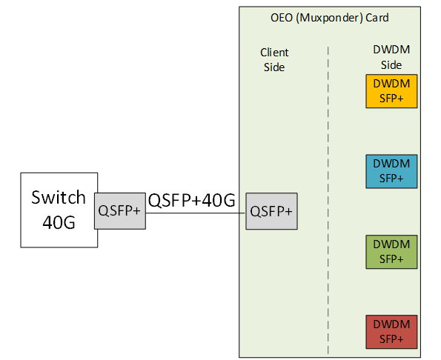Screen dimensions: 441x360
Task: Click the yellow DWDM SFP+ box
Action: pos(391,91)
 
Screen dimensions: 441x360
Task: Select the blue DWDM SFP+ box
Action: pos(391,171)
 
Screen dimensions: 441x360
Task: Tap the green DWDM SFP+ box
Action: pos(391,252)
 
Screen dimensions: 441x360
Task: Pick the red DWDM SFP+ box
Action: pos(391,332)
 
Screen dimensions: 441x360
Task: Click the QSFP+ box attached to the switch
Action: pos(120,211)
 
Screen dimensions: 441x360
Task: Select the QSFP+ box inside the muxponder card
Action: pos(271,211)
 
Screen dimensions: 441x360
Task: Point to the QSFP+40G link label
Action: pos(191,201)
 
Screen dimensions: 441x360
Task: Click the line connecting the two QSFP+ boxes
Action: pos(196,213)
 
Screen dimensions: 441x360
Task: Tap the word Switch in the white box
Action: pos(59,197)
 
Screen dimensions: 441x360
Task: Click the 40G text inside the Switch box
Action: pos(59,222)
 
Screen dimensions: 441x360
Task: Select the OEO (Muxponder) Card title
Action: pos(330,18)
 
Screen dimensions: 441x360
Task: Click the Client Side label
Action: pos(274,59)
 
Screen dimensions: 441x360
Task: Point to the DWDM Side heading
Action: pos(391,57)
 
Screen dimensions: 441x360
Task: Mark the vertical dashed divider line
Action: pos(328,200)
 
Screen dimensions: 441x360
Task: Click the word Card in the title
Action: pos(377,18)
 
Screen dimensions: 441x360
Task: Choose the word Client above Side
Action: pos(274,53)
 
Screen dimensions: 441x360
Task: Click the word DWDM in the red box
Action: pos(391,324)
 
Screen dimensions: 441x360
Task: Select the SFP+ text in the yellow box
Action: pos(391,99)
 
